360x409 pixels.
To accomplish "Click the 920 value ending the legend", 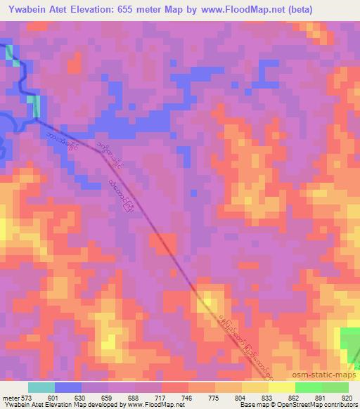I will pos(347,397).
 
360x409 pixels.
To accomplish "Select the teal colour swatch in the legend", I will pos(41,387).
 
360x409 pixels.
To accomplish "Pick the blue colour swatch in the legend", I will pos(68,387).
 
